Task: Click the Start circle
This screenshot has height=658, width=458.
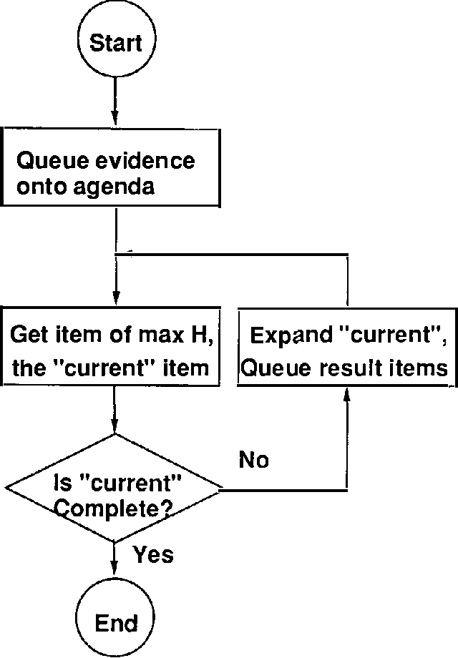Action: (115, 44)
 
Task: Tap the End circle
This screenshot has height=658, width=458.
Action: (115, 622)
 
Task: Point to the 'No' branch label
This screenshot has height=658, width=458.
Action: (254, 460)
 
